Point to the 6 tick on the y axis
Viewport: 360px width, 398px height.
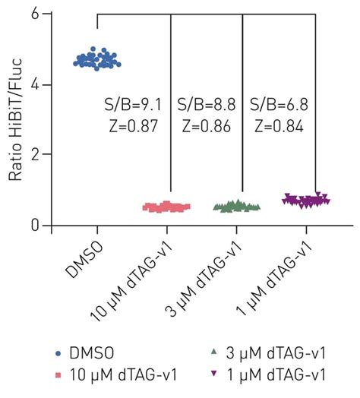point(46,14)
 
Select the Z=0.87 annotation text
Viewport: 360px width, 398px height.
point(132,126)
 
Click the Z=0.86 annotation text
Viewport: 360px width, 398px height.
point(206,126)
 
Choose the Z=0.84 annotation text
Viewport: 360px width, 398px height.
point(278,126)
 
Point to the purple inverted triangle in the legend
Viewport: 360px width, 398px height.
point(216,374)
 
